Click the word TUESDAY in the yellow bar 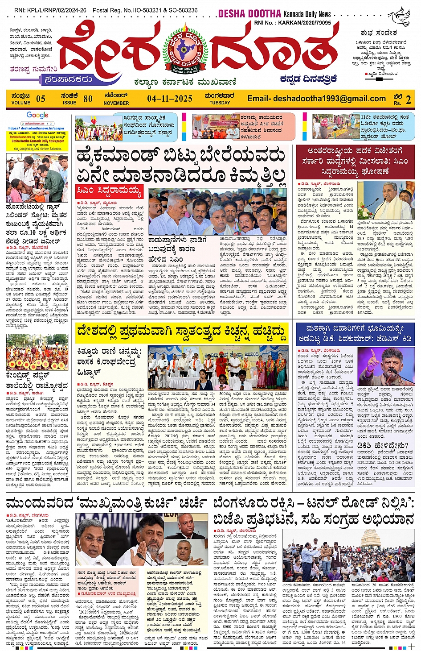220,103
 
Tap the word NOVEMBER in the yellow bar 116,103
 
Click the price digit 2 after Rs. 408,100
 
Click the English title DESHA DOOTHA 249,14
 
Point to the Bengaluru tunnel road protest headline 314,511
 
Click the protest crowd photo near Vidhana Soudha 348,556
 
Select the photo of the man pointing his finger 386,367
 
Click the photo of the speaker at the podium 386,200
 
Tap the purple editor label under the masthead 68,79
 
